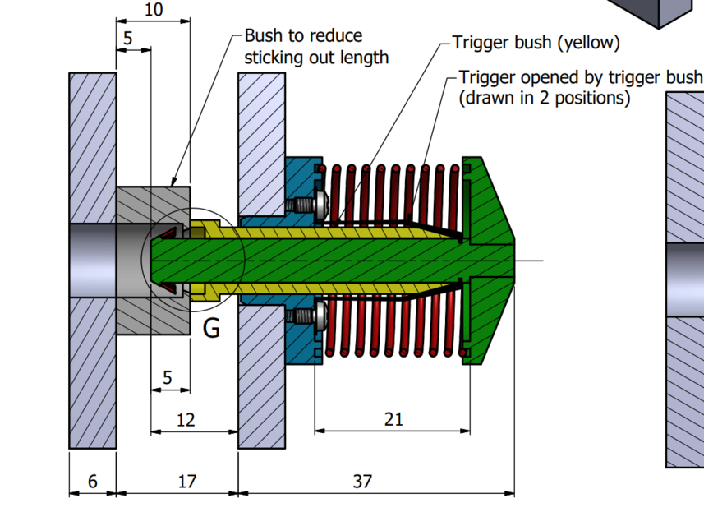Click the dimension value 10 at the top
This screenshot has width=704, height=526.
pos(153,10)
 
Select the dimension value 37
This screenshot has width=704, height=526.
pos(362,482)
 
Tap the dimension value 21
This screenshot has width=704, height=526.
pos(393,419)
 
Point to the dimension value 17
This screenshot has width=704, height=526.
pos(187,482)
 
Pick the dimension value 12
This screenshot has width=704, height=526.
pos(186,420)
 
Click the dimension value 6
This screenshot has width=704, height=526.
pos(92,482)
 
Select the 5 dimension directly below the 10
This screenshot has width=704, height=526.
pos(128,39)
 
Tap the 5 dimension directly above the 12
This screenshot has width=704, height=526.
pos(168,378)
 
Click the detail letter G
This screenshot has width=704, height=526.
pos(211,329)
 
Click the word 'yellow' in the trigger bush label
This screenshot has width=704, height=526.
pos(589,43)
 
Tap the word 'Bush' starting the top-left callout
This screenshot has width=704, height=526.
pos(262,37)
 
